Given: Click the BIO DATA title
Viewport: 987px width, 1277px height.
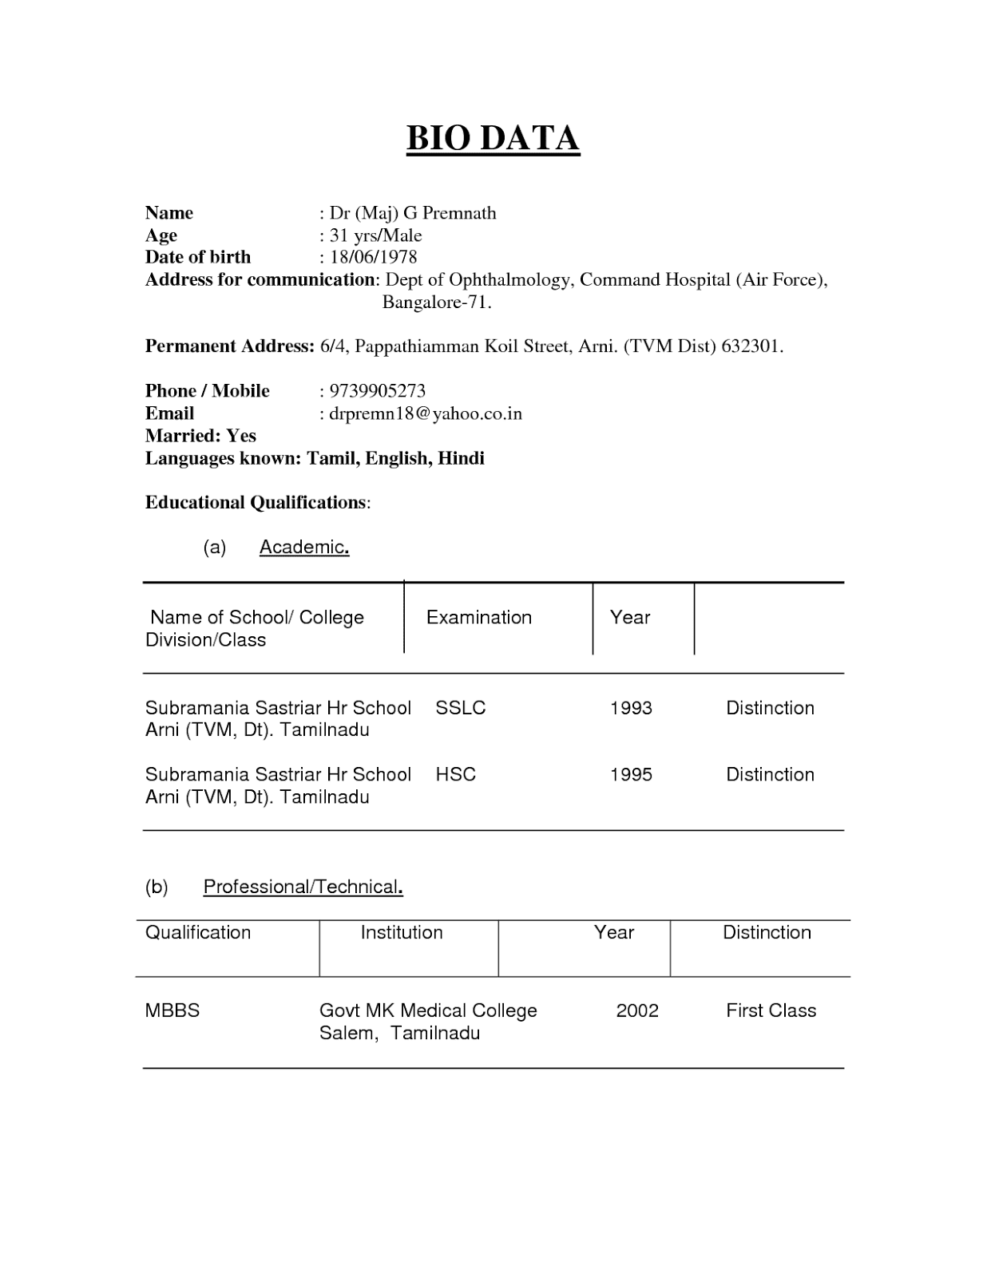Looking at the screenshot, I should tap(493, 139).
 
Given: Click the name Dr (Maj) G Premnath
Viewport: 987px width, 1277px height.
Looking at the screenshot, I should tap(413, 213).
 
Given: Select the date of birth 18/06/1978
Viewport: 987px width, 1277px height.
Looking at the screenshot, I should tap(373, 257).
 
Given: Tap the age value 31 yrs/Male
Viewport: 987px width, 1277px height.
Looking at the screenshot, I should tap(375, 235).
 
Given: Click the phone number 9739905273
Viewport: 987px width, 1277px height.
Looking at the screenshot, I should tap(377, 391).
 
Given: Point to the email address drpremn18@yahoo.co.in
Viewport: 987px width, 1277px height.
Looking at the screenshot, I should tap(425, 413).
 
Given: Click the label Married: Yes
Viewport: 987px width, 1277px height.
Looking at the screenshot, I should tap(200, 436).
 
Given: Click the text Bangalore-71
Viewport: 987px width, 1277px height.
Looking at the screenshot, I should tap(437, 302).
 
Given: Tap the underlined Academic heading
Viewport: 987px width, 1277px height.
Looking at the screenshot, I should tap(304, 548).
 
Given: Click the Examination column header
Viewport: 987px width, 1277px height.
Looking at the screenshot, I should tap(479, 618).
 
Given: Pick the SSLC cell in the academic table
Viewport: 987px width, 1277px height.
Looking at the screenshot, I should tap(461, 708).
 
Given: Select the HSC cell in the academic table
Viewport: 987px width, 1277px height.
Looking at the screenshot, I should tap(456, 774).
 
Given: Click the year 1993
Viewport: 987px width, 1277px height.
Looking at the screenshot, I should tap(631, 708).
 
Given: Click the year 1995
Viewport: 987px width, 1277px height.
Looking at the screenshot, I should tap(631, 774).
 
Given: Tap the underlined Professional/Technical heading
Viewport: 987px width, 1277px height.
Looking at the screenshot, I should tap(303, 888).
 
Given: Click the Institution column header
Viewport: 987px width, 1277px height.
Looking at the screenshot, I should tap(402, 933).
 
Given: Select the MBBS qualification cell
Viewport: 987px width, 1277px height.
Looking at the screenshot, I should tap(172, 1010).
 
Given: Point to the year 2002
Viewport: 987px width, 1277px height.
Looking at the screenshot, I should tap(637, 1010).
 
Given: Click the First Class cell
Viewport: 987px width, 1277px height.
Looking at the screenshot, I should tap(771, 1010).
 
